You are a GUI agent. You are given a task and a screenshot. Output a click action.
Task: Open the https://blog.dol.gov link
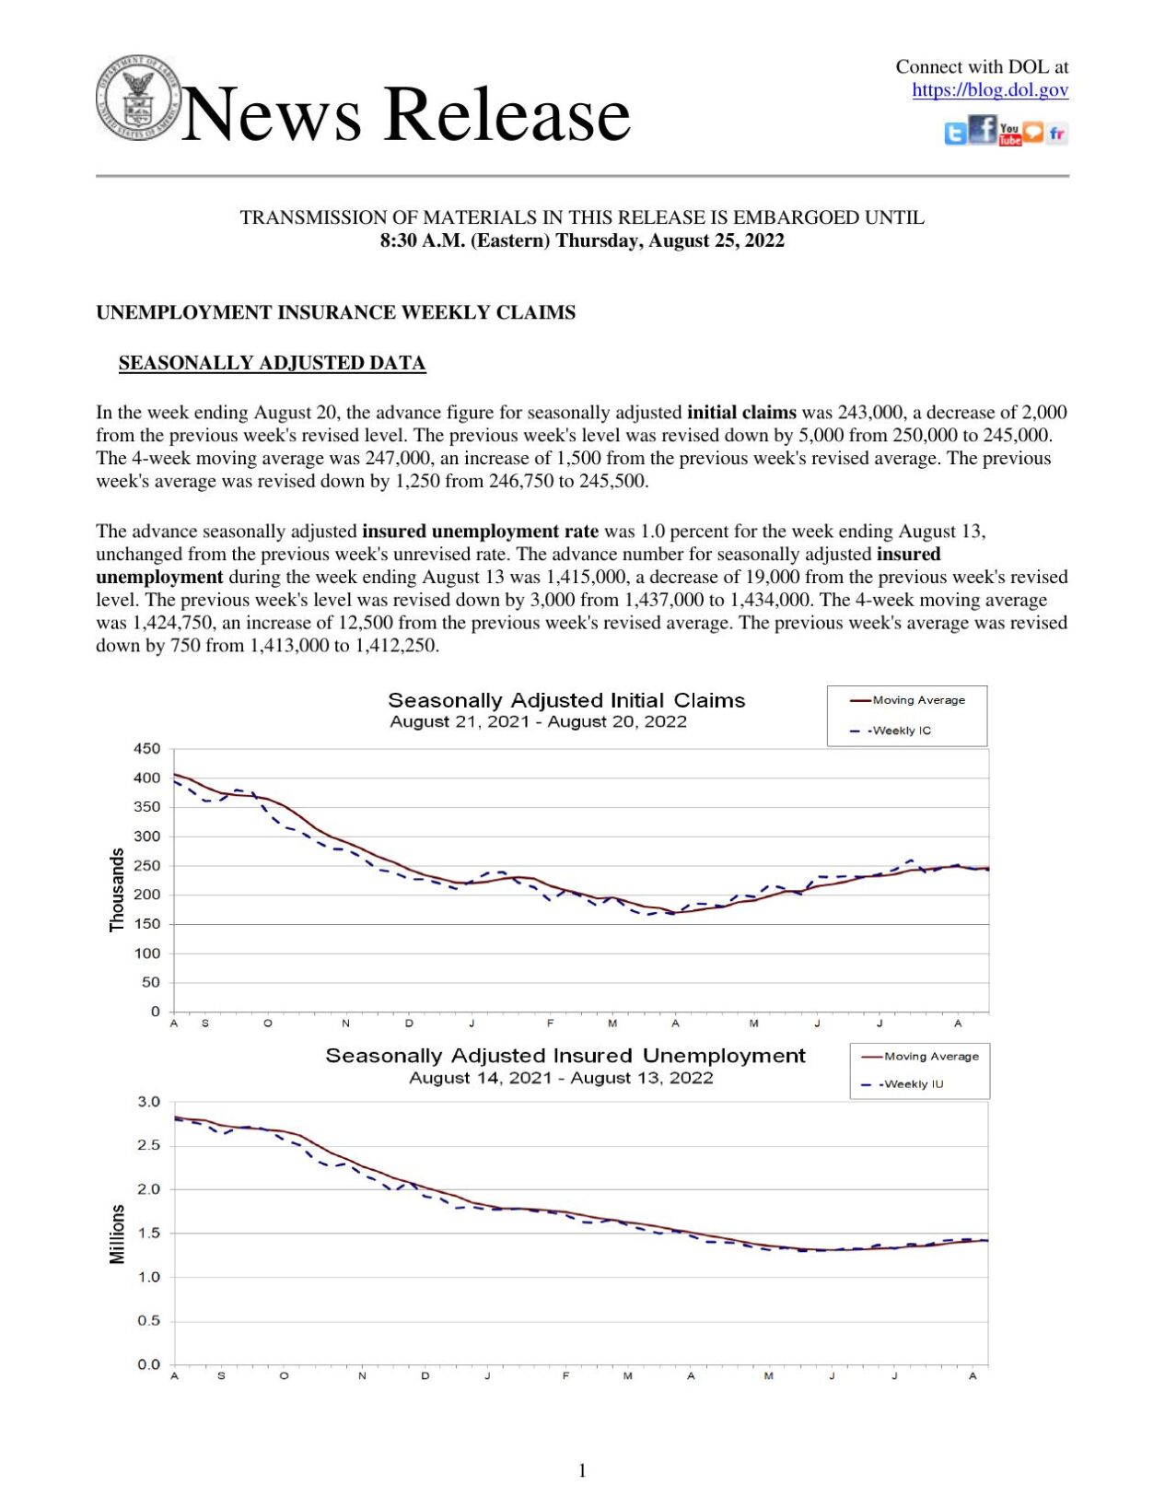coord(989,90)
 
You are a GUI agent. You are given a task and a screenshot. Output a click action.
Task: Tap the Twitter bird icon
coord(955,135)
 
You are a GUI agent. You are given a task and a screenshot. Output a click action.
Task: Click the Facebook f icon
coord(983,130)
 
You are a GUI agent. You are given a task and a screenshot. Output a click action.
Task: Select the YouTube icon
coord(1009,135)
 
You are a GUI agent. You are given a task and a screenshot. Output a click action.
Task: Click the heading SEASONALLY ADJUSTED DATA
coord(272,363)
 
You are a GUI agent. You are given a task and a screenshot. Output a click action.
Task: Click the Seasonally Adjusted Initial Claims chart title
coord(566,700)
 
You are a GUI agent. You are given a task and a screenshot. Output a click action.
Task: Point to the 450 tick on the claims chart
coord(147,749)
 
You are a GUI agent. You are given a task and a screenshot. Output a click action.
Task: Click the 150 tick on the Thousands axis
coord(147,924)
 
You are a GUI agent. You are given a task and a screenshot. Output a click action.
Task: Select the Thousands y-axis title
coord(117,890)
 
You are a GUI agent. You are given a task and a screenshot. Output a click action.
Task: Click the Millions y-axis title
coord(117,1234)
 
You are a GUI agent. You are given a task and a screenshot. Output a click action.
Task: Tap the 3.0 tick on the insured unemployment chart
coord(149,1102)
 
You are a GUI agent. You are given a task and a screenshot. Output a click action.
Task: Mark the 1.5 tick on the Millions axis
coord(149,1234)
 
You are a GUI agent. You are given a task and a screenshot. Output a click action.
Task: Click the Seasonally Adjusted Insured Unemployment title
coord(565,1056)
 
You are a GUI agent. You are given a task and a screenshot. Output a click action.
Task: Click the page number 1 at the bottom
coord(582,1470)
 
